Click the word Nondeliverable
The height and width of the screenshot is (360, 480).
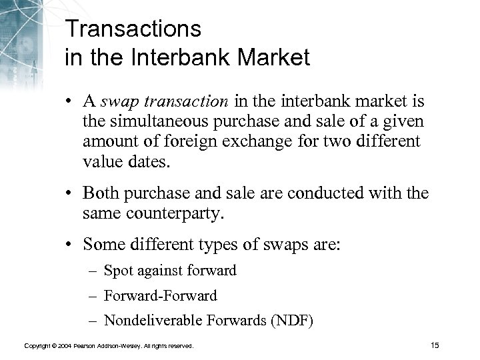[163, 320]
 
